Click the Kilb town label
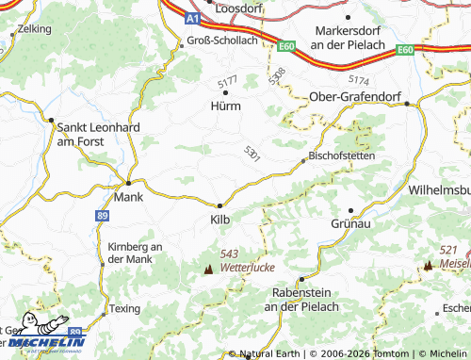218,218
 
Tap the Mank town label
128,198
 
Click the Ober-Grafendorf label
356,96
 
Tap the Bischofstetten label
342,155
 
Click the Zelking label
34,29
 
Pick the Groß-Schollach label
221,41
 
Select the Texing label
123,308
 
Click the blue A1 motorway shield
192,18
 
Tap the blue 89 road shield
101,216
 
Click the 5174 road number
359,81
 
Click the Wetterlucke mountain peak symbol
208,269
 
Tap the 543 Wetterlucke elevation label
243,261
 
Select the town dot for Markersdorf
348,16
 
